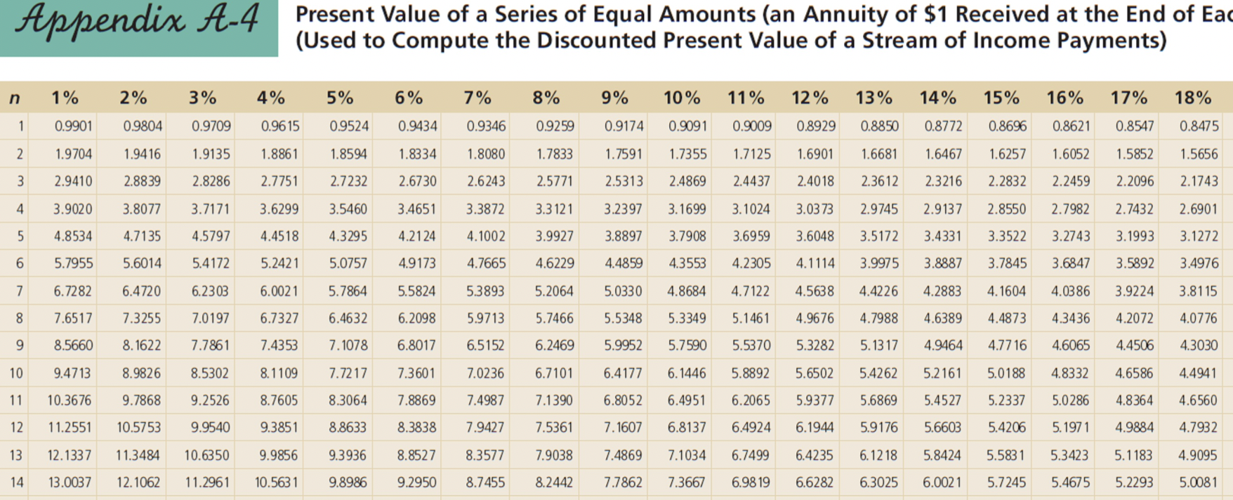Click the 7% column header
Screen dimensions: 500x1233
pos(477,98)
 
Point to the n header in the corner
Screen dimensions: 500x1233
pos(15,98)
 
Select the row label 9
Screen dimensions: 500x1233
pos(19,346)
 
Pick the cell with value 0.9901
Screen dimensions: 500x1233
pos(73,126)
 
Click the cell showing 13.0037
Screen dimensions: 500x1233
pos(69,483)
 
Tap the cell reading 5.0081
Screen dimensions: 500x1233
pos(1198,483)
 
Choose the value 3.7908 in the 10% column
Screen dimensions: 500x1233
pos(687,237)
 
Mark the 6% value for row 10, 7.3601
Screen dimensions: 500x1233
pos(416,374)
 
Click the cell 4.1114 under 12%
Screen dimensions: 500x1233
pos(815,264)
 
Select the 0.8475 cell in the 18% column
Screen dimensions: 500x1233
pos(1199,126)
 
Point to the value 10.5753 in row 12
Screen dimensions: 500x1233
pos(138,428)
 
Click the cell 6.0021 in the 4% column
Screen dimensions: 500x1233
pos(279,291)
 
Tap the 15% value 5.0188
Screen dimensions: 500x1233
pos(1005,374)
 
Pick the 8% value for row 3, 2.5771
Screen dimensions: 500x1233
pos(554,181)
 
